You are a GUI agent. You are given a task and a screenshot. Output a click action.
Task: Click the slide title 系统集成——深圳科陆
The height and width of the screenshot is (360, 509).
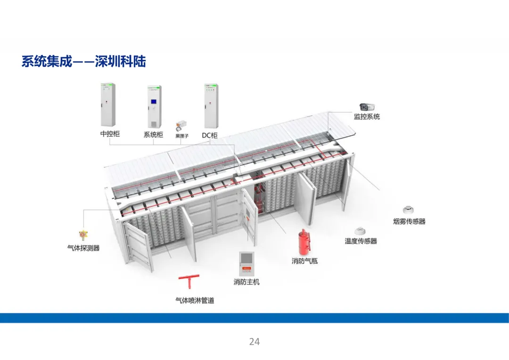83,62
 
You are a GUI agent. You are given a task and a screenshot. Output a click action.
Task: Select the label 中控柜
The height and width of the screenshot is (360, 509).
110,134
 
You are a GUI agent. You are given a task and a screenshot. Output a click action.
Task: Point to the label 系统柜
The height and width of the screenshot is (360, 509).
153,134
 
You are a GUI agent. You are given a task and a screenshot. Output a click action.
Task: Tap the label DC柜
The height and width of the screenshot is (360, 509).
210,135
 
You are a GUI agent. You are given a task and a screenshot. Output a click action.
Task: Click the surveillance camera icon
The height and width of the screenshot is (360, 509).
367,107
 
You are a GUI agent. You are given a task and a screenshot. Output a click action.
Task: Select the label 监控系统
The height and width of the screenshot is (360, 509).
367,116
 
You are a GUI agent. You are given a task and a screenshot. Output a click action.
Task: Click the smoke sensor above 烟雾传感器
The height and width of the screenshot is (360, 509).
408,210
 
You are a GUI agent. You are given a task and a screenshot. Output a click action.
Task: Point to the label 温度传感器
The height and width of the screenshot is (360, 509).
361,241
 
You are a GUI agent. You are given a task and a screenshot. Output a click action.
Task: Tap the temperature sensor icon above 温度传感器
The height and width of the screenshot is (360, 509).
361,230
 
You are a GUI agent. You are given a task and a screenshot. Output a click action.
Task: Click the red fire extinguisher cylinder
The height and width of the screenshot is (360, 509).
303,242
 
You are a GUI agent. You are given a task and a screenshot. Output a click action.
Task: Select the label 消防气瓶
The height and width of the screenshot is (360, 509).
304,261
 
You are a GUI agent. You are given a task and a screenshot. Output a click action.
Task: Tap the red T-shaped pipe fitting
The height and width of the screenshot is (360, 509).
189,282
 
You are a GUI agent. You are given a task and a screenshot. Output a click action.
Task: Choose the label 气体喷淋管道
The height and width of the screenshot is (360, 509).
195,300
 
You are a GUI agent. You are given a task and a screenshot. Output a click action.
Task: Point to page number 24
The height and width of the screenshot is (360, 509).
254,342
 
